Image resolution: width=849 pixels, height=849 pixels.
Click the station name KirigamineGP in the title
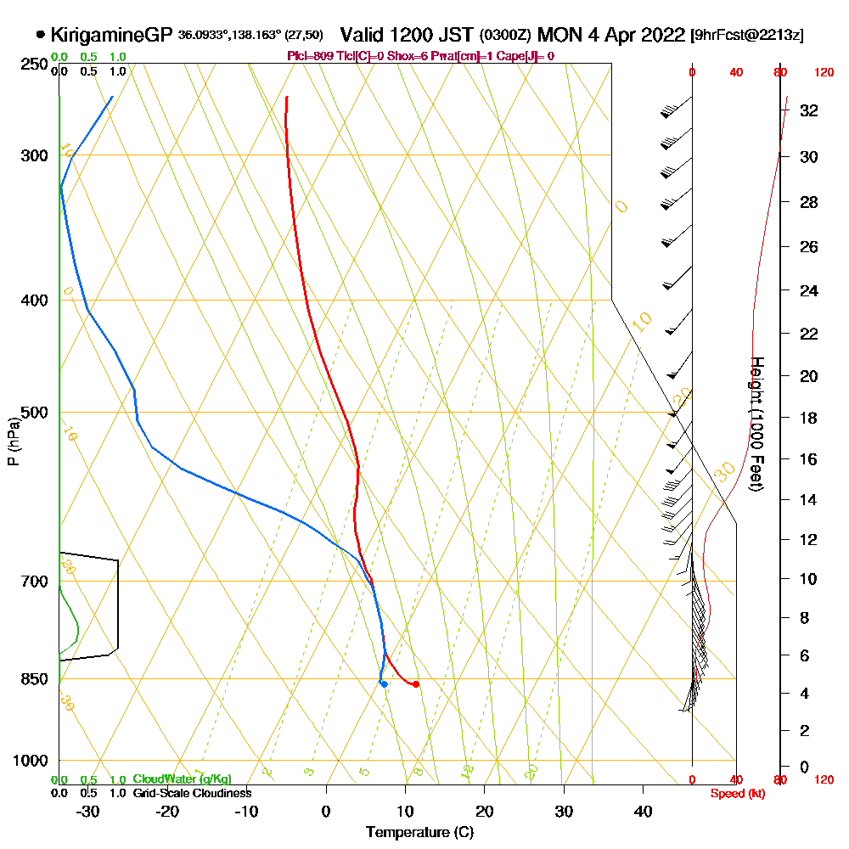pyautogui.click(x=112, y=35)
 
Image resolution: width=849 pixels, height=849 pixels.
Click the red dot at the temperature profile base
pyautogui.click(x=415, y=684)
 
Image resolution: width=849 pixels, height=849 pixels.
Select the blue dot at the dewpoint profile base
pyautogui.click(x=385, y=683)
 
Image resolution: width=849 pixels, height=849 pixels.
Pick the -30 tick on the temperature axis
pyautogui.click(x=88, y=811)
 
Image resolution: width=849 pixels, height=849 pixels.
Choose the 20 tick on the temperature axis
pyautogui.click(x=485, y=811)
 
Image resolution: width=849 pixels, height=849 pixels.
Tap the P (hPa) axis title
pyautogui.click(x=13, y=441)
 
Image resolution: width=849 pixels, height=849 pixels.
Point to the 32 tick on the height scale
pyautogui.click(x=809, y=110)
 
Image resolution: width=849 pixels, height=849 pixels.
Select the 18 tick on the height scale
pyautogui.click(x=809, y=418)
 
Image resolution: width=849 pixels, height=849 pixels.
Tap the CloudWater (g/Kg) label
pyautogui.click(x=182, y=779)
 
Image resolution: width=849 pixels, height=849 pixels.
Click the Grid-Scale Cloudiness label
pyautogui.click(x=192, y=793)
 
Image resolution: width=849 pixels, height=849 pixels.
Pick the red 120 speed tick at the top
pyautogui.click(x=824, y=73)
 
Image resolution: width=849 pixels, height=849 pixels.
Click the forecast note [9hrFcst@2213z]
pyautogui.click(x=747, y=35)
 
